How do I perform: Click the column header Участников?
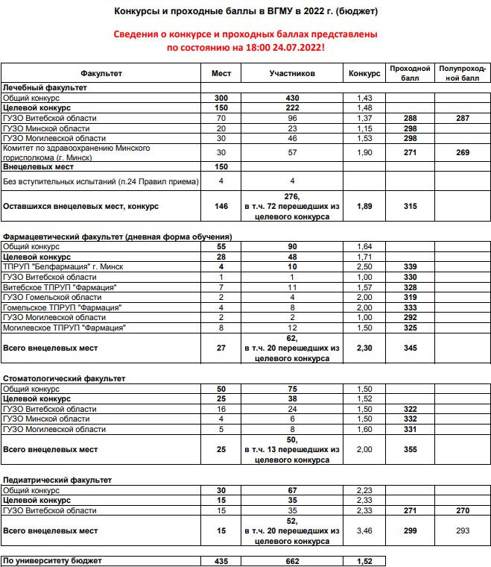(x=292, y=74)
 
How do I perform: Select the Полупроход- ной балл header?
(x=463, y=73)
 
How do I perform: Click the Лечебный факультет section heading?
(x=45, y=88)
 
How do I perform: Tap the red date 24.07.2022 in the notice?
(x=290, y=48)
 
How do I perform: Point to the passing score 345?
(x=410, y=348)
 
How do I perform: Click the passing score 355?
(x=410, y=450)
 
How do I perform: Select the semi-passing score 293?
(x=463, y=531)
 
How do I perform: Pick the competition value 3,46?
(x=364, y=531)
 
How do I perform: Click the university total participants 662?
(x=292, y=560)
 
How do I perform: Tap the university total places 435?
(x=221, y=560)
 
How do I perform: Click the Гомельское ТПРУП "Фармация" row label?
(x=63, y=307)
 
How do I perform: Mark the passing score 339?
(x=410, y=266)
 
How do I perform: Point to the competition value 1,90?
(x=364, y=152)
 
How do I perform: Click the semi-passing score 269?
(x=463, y=152)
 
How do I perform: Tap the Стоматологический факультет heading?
(x=64, y=379)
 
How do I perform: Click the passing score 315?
(x=410, y=206)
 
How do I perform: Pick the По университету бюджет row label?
(x=52, y=560)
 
